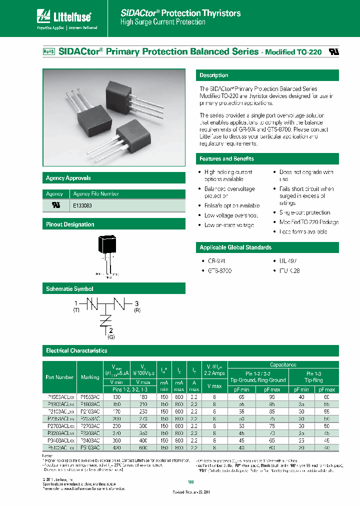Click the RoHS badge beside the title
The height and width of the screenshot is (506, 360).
tap(48, 51)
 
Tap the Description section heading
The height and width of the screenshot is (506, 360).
tap(214, 75)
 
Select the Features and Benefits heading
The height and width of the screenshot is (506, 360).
tap(226, 159)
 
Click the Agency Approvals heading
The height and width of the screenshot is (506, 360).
tap(68, 178)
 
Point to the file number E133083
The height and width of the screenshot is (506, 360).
tap(82, 205)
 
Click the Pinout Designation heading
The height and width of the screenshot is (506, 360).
tap(70, 225)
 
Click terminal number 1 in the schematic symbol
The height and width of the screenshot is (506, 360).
tap(76, 303)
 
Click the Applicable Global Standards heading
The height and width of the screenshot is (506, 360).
tap(235, 248)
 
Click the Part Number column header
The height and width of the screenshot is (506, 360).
tap(59, 377)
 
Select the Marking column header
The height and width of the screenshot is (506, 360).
tap(90, 377)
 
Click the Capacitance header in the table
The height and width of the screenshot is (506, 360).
tap(283, 365)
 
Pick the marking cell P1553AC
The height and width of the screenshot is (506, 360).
tap(90, 396)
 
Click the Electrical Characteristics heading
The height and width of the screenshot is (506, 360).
tap(76, 351)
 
